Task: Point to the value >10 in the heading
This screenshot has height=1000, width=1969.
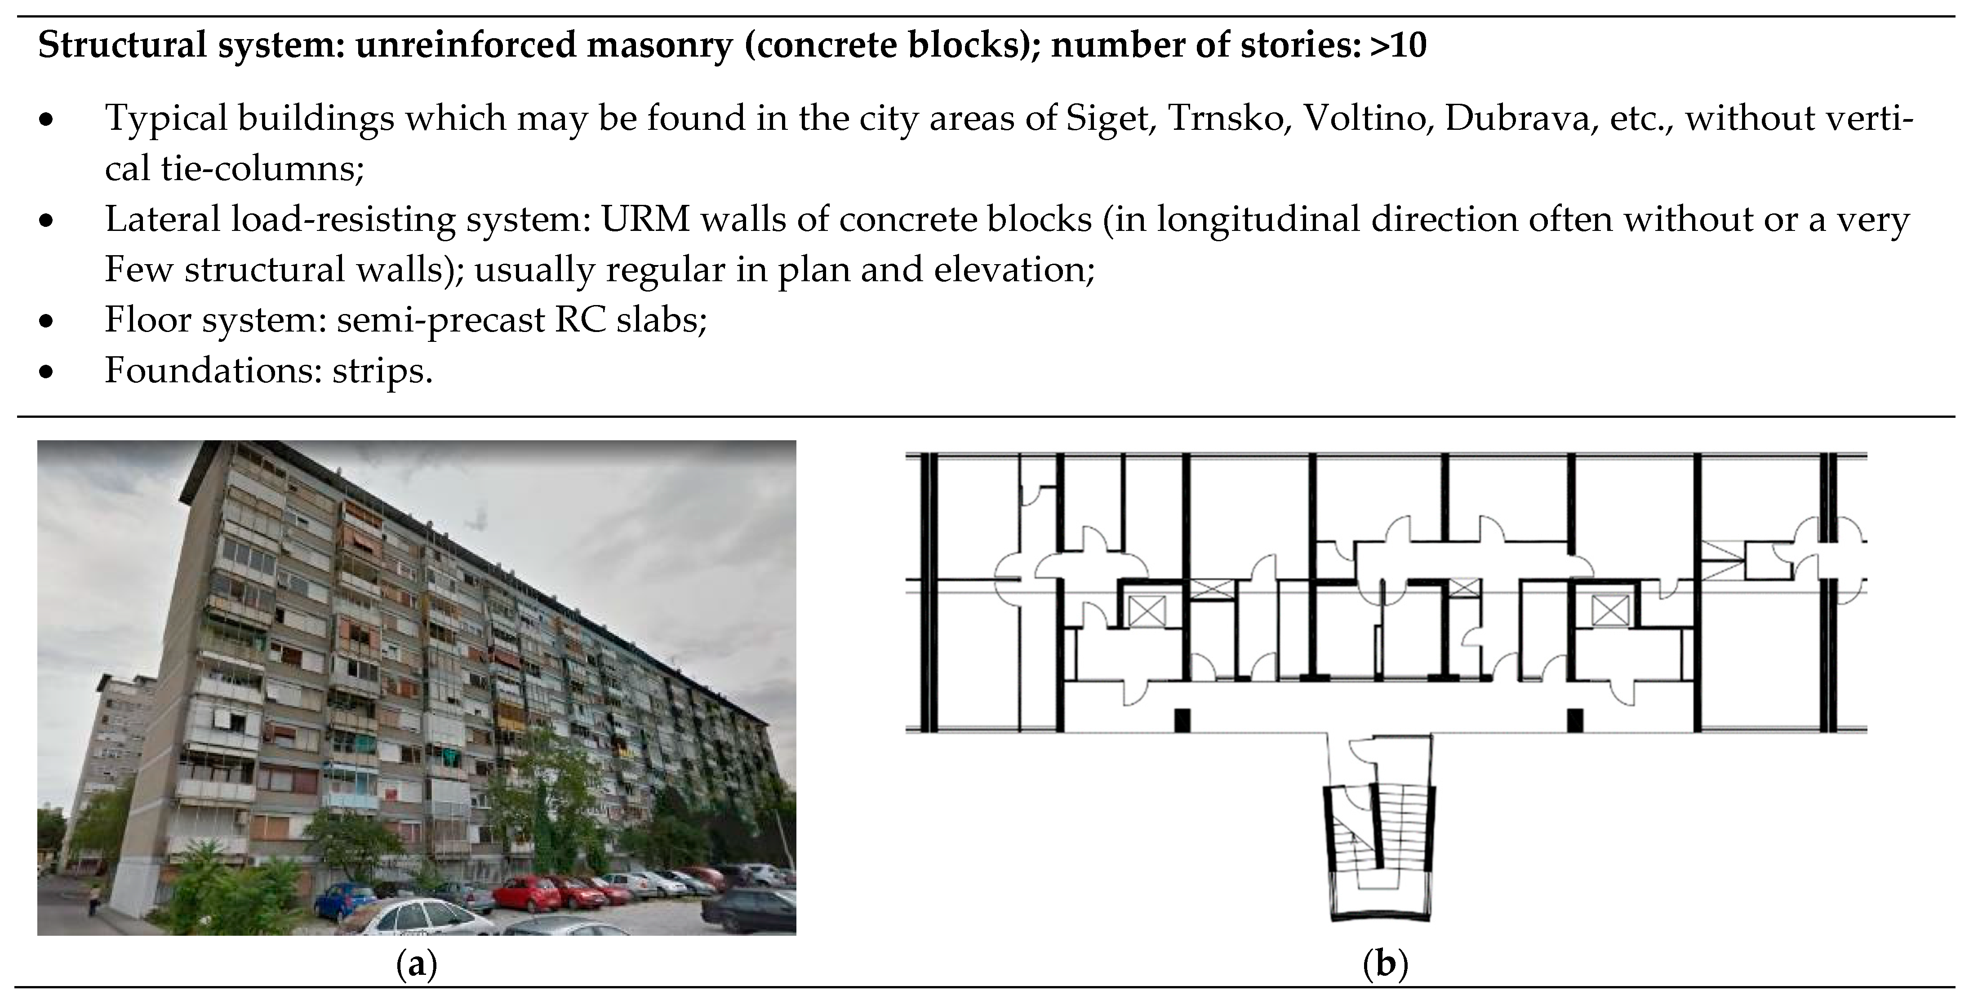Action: tap(1398, 46)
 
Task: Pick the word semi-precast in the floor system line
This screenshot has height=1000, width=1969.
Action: tap(440, 321)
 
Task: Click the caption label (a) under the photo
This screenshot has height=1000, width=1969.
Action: tap(417, 965)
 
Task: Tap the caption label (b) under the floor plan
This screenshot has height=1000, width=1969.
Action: tap(1385, 965)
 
